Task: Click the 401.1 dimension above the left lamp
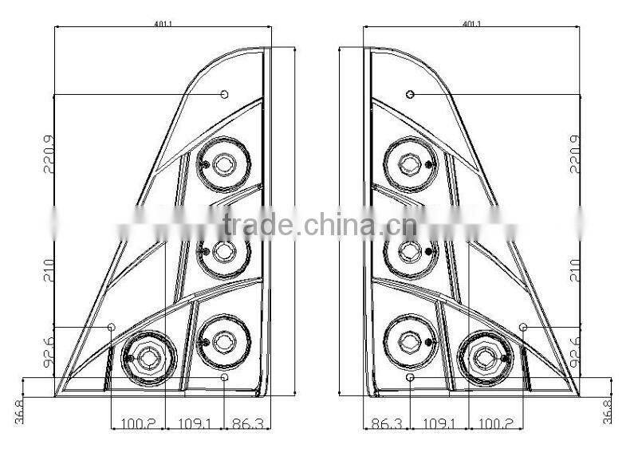pos(163,24)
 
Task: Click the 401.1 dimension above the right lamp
pos(471,24)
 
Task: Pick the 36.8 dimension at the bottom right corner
pos(609,411)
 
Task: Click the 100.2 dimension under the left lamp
pos(138,423)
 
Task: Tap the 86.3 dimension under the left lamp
pos(245,423)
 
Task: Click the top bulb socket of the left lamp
pos(223,165)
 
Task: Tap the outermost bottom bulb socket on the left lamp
pos(148,358)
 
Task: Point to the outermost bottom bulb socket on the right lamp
pos(484,357)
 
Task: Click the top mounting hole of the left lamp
pos(225,95)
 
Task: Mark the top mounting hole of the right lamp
pos(410,95)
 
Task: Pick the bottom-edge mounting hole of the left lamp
pos(225,377)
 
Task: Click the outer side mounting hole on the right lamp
pos(523,328)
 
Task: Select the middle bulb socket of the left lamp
pos(223,252)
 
